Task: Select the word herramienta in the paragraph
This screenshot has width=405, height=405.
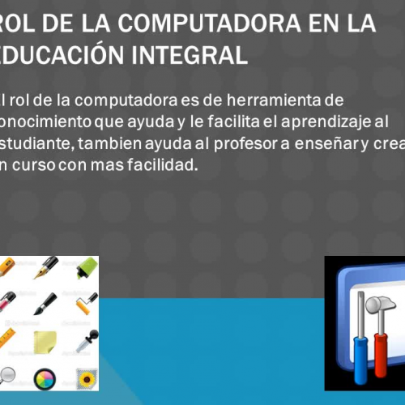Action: (276, 101)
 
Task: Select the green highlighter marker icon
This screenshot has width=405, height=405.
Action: (84, 267)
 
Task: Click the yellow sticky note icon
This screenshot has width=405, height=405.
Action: (45, 341)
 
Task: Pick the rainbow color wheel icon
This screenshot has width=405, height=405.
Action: (45, 377)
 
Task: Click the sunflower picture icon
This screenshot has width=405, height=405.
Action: (84, 377)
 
